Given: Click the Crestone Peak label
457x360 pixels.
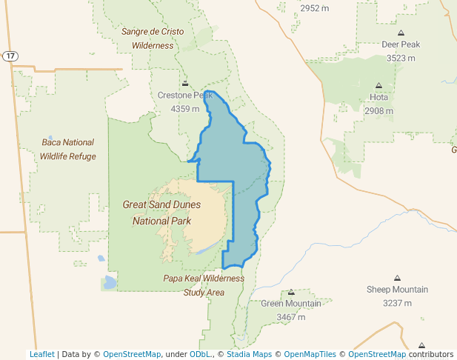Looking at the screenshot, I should pos(184,96).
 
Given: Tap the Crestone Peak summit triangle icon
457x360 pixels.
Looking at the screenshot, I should pos(185,82).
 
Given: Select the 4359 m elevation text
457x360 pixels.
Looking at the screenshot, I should pos(185,109).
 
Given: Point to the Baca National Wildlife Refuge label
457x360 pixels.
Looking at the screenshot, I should pos(68,149).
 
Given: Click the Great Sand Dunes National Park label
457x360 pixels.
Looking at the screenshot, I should pos(161,213).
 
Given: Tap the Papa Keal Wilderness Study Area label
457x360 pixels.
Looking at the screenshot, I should pos(204,285).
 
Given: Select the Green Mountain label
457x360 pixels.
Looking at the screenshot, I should pos(291,304).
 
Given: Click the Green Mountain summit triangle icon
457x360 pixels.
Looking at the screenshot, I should pos(291,292).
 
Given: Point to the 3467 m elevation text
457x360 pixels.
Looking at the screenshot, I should pos(291,317).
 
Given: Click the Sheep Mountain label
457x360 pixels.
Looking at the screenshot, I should pos(397,290).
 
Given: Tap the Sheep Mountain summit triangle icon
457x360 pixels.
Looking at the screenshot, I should pos(397,277).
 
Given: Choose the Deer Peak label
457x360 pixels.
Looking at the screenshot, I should pos(401,44).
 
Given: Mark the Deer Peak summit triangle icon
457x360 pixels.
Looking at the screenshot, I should pos(401,33).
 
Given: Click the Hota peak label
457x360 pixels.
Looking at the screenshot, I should pos(378,97).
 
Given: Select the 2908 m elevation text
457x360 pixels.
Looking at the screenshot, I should pos(378,111).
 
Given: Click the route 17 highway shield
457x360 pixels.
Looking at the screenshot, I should pos(10,56).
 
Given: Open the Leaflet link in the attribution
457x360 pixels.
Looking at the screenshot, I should pos(41,354).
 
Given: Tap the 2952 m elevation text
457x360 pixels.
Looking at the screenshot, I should pos(314,8).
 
